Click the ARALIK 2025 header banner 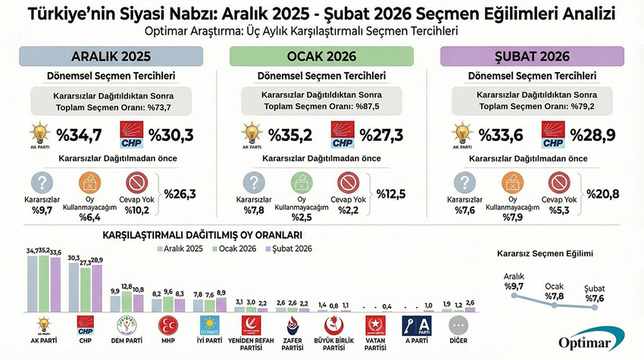coord(111,56)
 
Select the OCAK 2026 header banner coord(321,56)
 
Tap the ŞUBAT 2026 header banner coord(533,56)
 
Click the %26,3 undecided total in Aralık coord(180,194)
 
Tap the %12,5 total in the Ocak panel coord(392,194)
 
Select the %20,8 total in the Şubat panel coord(603,194)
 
